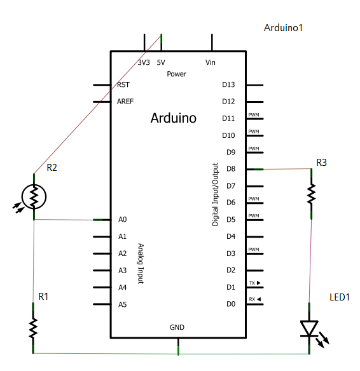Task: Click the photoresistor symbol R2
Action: tap(34, 196)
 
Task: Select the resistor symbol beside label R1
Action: tap(33, 328)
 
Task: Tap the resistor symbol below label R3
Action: tap(311, 194)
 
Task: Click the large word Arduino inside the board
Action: tap(173, 118)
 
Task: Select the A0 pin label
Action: tap(123, 220)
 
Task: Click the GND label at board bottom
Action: tap(177, 327)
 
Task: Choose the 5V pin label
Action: tap(161, 63)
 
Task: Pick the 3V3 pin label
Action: tap(144, 63)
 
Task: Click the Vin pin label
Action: tap(211, 63)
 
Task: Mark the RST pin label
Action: tap(123, 84)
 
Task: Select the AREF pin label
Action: tap(125, 101)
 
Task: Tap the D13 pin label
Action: tap(228, 84)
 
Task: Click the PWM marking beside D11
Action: tap(254, 115)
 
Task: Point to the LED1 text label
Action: tap(340, 297)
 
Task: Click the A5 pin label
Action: tap(123, 304)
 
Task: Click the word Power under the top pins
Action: tap(176, 74)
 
